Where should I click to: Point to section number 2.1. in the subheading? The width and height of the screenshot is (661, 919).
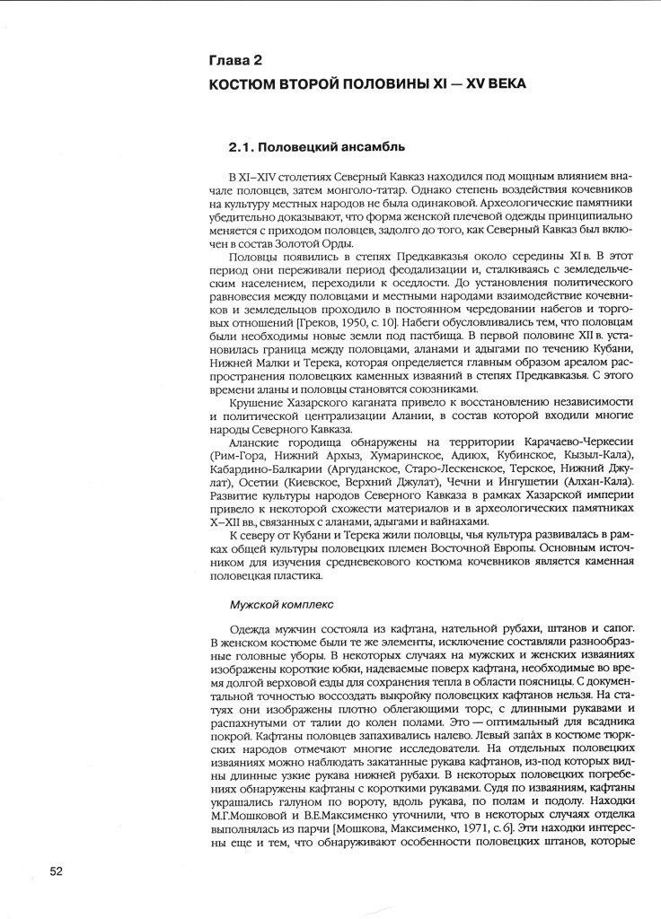click(244, 144)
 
